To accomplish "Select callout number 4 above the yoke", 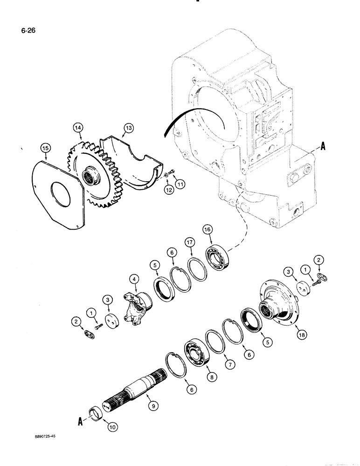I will (134, 280).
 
